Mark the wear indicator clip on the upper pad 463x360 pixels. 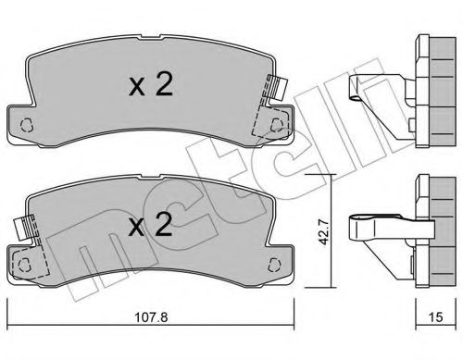(274, 89)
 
